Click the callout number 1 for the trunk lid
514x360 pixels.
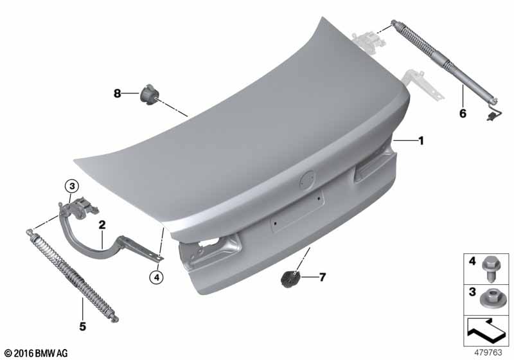[x=421, y=140]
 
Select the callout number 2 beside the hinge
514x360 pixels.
[x=102, y=224]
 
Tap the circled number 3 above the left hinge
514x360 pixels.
[x=72, y=186]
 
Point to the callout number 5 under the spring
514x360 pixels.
[x=83, y=327]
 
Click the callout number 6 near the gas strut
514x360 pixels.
[x=462, y=113]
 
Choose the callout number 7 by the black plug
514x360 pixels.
[x=323, y=278]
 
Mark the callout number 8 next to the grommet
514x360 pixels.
[x=117, y=94]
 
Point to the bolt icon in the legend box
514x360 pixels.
[x=493, y=265]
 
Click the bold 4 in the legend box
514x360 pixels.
[x=472, y=262]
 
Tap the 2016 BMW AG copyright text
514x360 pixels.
[x=36, y=353]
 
